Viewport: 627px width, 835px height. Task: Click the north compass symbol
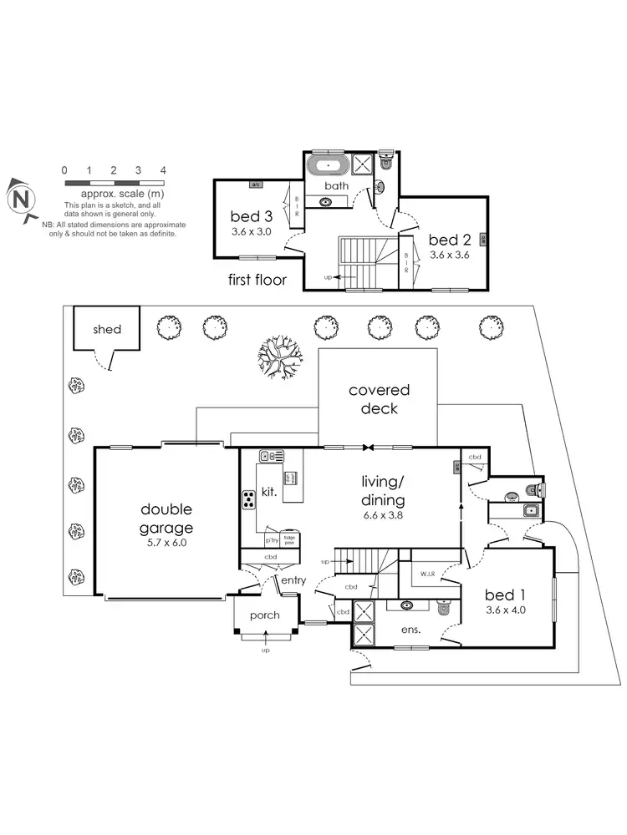coord(21,198)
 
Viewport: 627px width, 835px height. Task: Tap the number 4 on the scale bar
coord(163,170)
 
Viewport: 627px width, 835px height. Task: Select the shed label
coord(107,329)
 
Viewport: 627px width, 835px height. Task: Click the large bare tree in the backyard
coord(278,359)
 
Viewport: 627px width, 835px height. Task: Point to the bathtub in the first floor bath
coord(329,164)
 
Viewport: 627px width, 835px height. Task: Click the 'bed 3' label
coord(252,216)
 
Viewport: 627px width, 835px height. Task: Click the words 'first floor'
coord(257,281)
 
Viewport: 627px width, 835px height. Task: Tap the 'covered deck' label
coord(379,399)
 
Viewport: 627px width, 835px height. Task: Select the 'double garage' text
coord(166,519)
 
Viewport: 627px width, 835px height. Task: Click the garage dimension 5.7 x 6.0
coord(166,542)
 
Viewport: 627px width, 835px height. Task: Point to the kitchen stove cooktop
coord(250,500)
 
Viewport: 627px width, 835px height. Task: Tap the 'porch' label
coord(263,616)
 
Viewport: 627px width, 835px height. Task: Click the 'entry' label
coord(293,580)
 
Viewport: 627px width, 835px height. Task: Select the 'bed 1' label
coord(505,595)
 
